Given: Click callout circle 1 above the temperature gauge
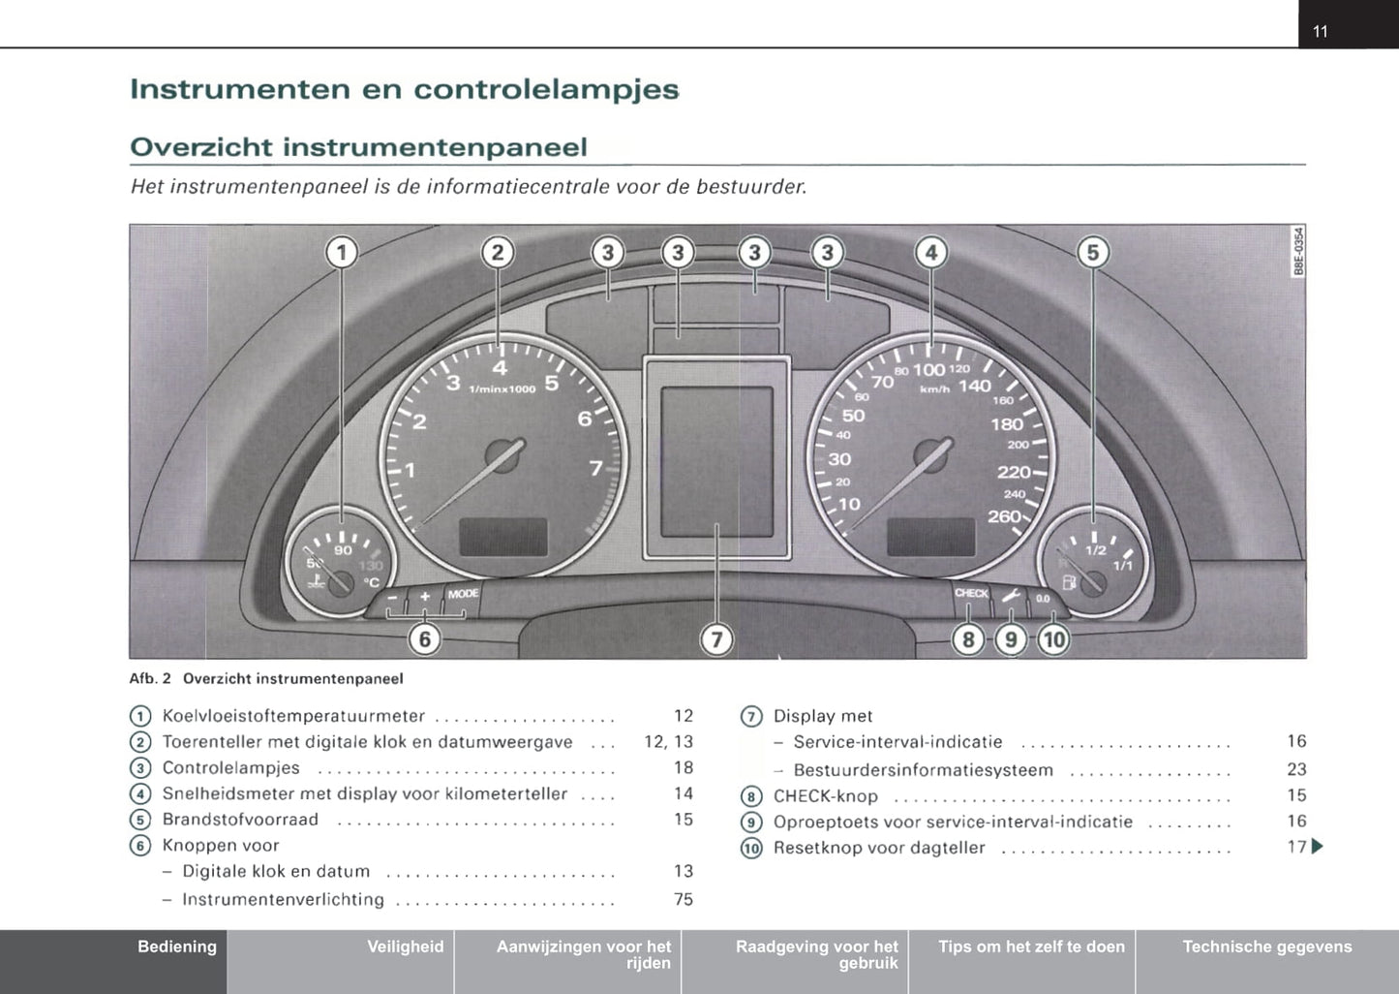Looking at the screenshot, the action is tap(342, 253).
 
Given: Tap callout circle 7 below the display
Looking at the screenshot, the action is tap(716, 639).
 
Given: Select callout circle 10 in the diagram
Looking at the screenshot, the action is tap(1053, 639).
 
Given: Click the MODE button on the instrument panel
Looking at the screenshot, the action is tap(463, 593).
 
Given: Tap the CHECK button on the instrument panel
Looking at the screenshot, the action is tap(971, 593).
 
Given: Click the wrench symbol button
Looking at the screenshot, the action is tap(1011, 595).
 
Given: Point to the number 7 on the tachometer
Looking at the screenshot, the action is tap(595, 468).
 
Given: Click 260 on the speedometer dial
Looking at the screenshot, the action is tap(1004, 516).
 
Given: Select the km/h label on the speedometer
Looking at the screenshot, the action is tap(934, 389).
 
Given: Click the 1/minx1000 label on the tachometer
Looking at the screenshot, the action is tap(502, 388).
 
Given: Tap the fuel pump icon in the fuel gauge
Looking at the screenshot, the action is tap(1069, 582).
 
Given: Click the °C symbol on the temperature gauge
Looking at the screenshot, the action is tap(372, 582).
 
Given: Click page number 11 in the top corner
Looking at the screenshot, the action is tap(1320, 31).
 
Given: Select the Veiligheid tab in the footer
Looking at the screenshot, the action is tap(406, 947).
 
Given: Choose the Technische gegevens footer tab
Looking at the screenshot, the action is tap(1267, 947).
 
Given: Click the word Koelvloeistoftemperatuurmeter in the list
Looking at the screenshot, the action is tap(293, 715).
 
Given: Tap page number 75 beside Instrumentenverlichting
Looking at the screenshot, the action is tap(684, 899).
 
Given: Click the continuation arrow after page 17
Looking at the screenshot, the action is tap(1317, 847).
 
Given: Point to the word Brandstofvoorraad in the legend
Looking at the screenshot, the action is tap(240, 819).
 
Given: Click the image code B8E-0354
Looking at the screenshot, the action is tap(1298, 251).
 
